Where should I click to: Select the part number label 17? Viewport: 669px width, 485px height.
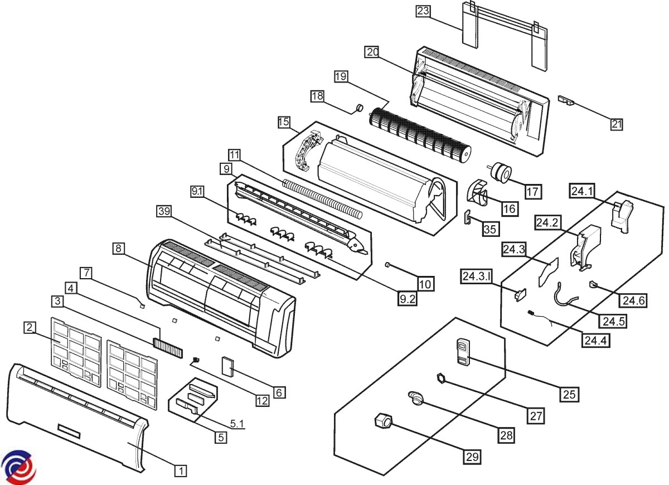(x=533, y=191)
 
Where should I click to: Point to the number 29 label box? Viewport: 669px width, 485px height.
(x=472, y=457)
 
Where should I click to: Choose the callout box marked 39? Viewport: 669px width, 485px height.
(x=164, y=210)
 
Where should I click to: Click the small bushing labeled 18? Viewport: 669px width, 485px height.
(x=360, y=107)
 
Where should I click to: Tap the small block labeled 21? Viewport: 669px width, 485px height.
(x=568, y=100)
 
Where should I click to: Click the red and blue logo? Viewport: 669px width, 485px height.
(x=18, y=467)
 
